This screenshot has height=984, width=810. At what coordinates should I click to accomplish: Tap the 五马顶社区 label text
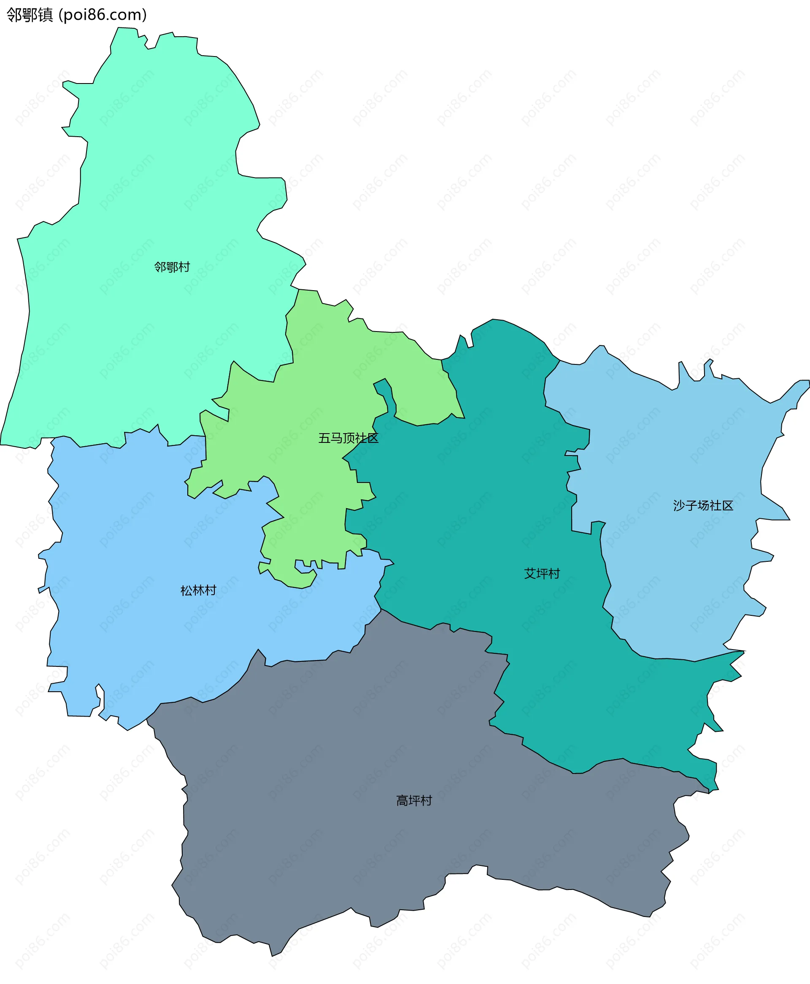(348, 438)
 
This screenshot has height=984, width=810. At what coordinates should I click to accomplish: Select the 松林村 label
(198, 591)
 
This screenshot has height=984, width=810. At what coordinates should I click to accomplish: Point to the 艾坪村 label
(542, 574)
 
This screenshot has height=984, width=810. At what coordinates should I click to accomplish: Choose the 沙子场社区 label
(703, 506)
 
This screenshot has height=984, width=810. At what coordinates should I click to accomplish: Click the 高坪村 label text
(414, 801)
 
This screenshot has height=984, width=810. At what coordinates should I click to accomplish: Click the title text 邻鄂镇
(30, 15)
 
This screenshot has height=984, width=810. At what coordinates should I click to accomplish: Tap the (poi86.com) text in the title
(103, 15)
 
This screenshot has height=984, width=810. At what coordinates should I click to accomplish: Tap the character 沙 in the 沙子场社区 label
(679, 506)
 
